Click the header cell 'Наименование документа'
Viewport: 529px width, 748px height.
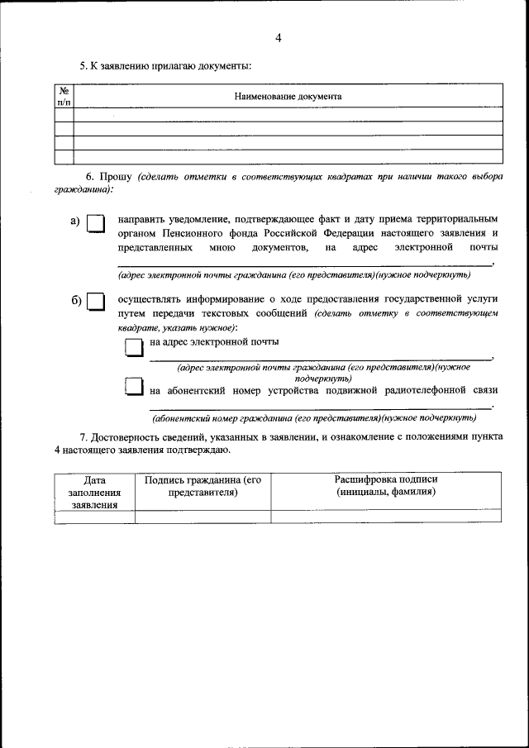click(x=288, y=96)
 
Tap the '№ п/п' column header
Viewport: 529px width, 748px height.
click(x=64, y=96)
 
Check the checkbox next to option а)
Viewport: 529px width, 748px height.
click(x=97, y=225)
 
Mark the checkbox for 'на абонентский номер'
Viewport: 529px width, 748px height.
click(x=134, y=386)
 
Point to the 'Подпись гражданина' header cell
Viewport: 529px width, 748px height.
click(x=203, y=486)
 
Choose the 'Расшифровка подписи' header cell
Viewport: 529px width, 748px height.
click(x=385, y=486)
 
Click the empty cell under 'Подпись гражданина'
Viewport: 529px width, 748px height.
click(x=203, y=517)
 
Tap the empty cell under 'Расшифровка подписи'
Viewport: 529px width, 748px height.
click(x=385, y=517)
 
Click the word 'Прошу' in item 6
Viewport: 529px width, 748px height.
click(x=116, y=177)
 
